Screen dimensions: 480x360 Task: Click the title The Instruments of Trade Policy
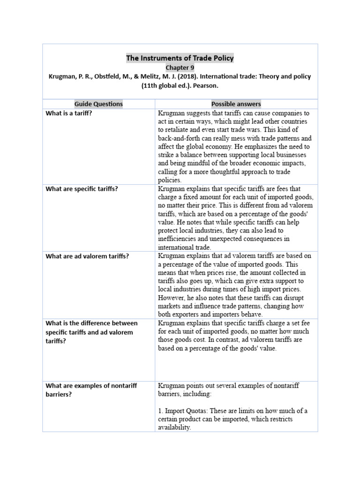[x=180, y=58]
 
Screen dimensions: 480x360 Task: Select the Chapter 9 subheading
[x=180, y=67]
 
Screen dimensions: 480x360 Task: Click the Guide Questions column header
[x=98, y=104]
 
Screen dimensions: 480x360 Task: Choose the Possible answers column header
[x=236, y=104]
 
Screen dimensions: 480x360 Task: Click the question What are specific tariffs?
[x=82, y=189]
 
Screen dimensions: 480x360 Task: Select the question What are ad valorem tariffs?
[x=87, y=256]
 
